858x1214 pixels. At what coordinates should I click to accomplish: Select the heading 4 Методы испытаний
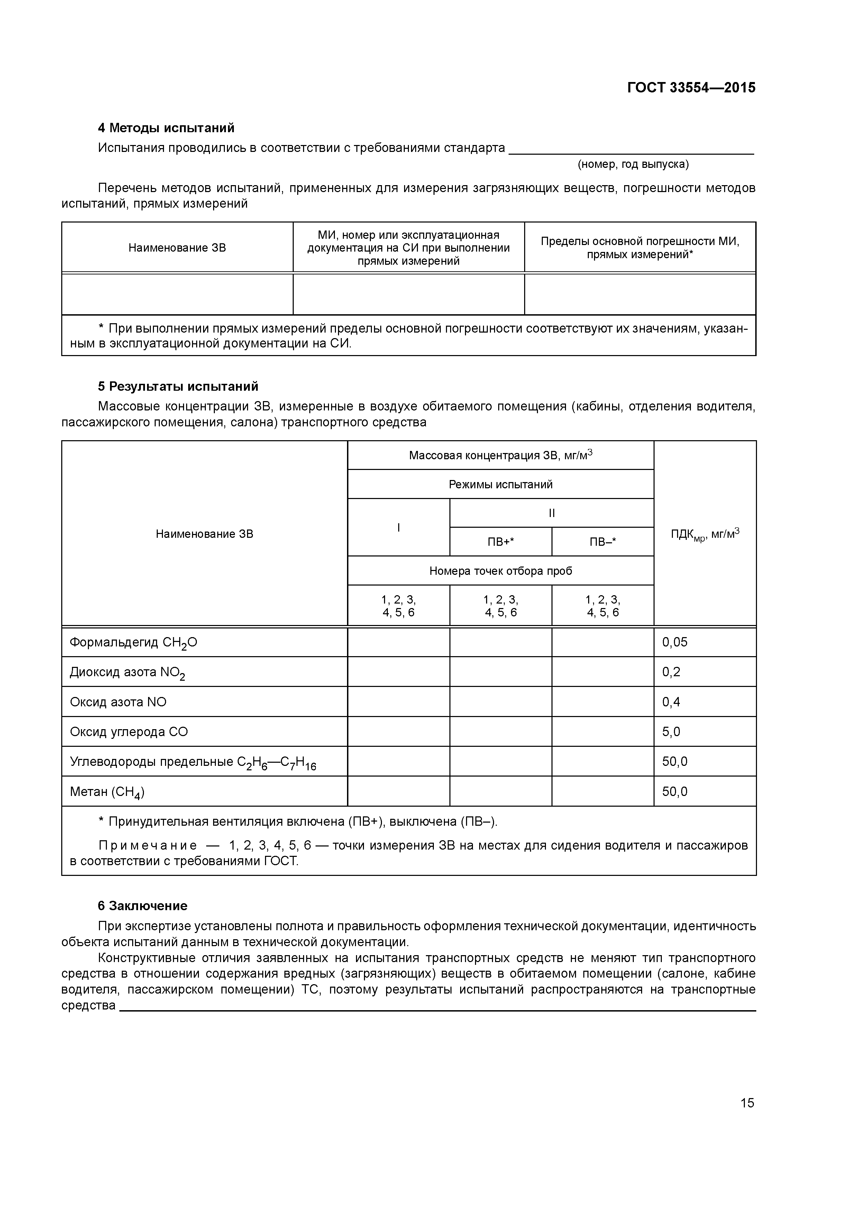click(x=166, y=128)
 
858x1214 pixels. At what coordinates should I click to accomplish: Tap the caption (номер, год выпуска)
click(x=633, y=164)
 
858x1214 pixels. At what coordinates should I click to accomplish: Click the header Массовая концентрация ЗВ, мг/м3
click(x=500, y=455)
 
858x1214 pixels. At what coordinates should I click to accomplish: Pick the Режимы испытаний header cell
click(x=500, y=484)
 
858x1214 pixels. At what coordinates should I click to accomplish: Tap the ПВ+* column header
click(x=500, y=542)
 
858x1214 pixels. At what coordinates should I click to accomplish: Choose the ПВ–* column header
click(x=603, y=542)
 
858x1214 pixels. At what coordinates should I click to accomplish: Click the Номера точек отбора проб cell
click(x=500, y=571)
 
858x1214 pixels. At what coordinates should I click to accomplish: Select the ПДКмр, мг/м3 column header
click(x=705, y=534)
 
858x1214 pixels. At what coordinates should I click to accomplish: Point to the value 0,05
click(x=675, y=642)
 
